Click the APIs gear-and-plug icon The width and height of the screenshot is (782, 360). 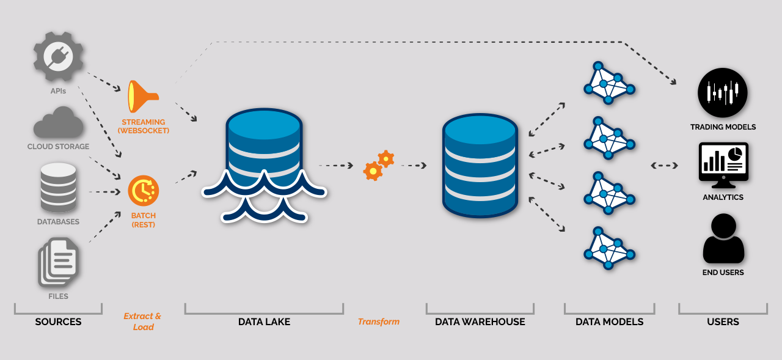[59, 56]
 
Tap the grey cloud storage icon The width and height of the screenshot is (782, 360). [58, 122]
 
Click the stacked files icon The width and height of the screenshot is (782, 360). [58, 262]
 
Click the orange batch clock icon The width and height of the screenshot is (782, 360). [144, 191]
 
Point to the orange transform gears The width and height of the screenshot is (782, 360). [379, 165]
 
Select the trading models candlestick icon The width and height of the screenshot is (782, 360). [723, 92]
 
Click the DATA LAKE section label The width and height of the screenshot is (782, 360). [264, 321]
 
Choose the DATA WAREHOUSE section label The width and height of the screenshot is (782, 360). [480, 321]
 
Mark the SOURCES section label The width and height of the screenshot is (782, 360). [58, 321]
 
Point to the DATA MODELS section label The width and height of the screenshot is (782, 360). [609, 321]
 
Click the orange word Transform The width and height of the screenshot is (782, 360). [379, 321]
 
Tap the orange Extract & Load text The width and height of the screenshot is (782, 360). [143, 321]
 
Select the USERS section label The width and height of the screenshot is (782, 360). [723, 321]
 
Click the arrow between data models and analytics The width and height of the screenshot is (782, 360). [665, 165]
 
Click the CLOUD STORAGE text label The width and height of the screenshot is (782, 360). [58, 147]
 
